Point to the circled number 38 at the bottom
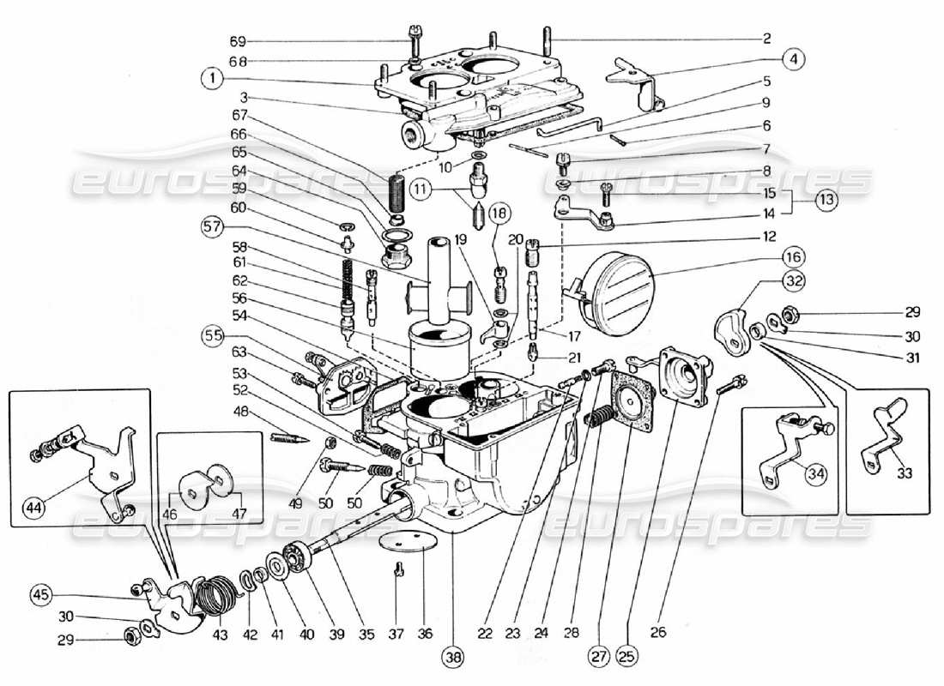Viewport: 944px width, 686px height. (451, 659)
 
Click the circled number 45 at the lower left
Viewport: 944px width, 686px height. (40, 593)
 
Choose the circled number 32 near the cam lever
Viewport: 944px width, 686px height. (794, 280)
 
